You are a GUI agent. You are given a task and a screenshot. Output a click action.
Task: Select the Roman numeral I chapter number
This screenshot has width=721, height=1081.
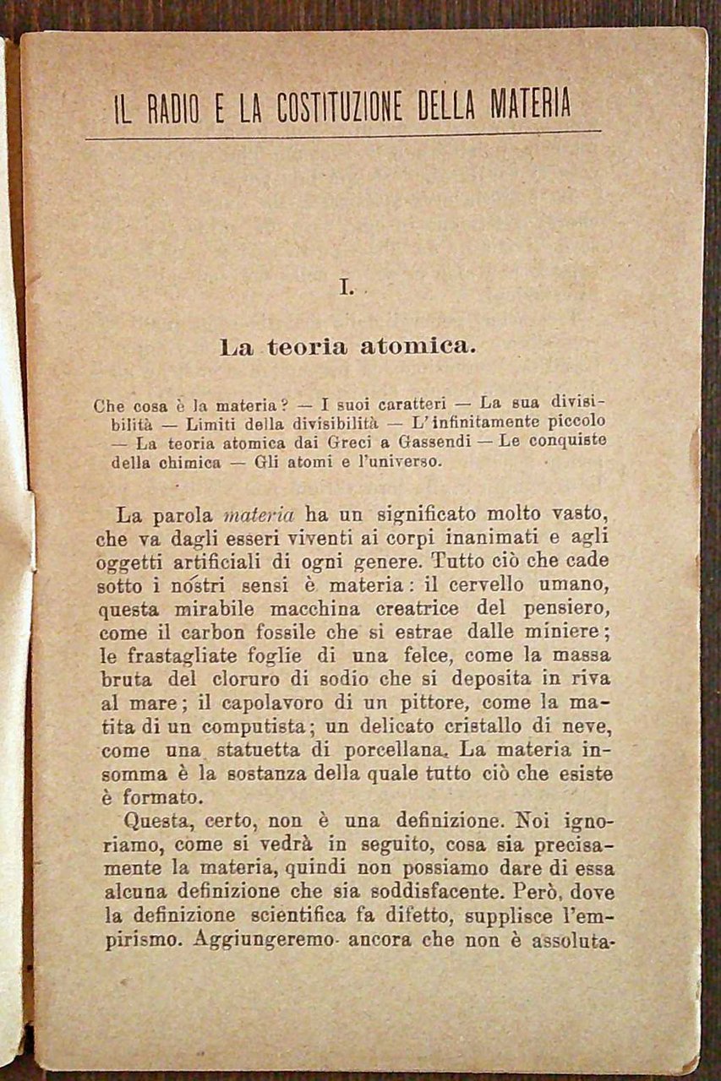(345, 288)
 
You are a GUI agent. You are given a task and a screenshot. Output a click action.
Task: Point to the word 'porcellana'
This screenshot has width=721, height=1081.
(402, 750)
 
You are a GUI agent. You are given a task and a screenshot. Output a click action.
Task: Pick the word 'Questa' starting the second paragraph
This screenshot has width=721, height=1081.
(156, 819)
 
